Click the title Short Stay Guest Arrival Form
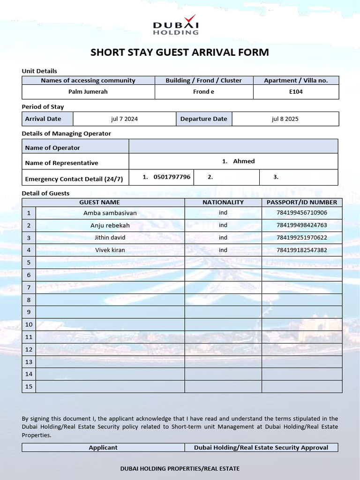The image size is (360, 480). point(180,52)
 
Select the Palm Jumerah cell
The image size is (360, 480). point(88,91)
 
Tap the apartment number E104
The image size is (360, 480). point(296,91)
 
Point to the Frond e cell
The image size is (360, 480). point(203,91)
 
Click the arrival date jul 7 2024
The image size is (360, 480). point(124,119)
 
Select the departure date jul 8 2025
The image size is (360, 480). point(285,119)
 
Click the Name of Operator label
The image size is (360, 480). point(52,148)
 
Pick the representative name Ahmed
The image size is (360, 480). point(243,161)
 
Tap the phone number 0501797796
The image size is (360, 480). point(172,177)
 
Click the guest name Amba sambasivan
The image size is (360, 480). point(110,213)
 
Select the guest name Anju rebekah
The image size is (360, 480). point(110,225)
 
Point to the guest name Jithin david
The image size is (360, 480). point(110,238)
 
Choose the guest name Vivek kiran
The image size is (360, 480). point(110,250)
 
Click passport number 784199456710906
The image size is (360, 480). point(302,213)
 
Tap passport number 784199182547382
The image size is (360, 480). point(302,250)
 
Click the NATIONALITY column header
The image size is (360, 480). point(223,202)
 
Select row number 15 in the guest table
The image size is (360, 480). point(29,386)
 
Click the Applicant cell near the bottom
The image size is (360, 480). point(103,448)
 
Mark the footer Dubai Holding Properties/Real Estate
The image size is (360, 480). point(180,468)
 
